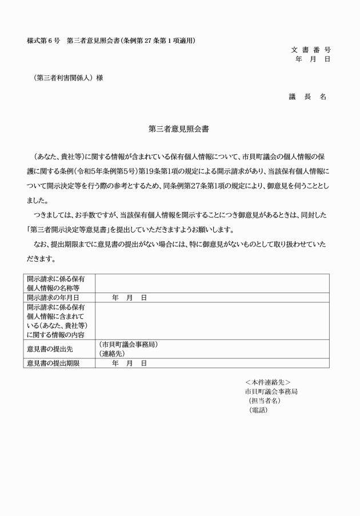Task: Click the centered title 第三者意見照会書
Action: click(179, 129)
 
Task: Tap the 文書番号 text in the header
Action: click(310, 50)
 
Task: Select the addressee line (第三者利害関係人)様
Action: click(68, 78)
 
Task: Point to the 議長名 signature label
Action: click(307, 97)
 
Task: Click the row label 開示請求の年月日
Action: click(53, 298)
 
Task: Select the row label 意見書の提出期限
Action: click(53, 363)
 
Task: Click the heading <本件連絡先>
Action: click(267, 382)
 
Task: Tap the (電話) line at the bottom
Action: click(258, 410)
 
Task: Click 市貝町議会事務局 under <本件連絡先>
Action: click(271, 391)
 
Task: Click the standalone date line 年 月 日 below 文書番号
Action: click(313, 59)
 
